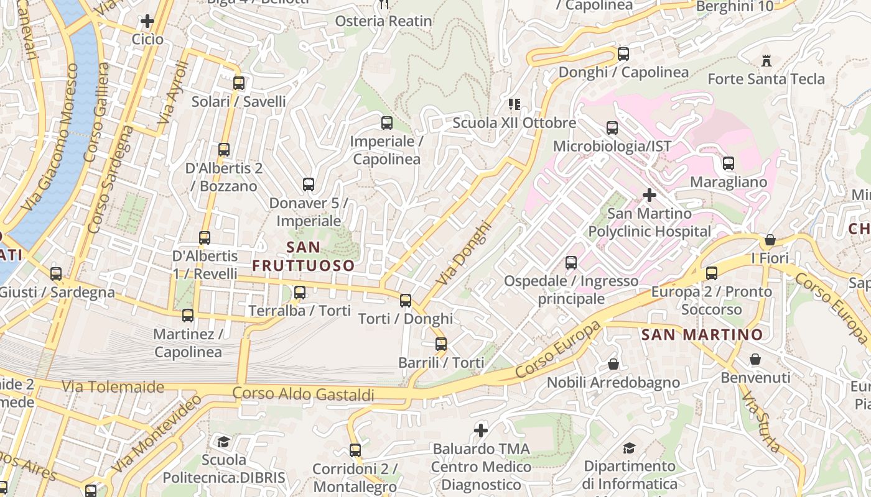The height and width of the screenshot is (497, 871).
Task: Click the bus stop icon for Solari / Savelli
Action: coord(238,83)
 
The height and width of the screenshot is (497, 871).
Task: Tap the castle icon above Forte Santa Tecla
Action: coord(766,61)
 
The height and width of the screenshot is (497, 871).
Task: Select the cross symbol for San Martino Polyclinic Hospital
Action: coord(650,196)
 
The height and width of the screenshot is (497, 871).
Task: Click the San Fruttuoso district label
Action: coord(304,256)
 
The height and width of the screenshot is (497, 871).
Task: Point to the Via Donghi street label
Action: coord(464,253)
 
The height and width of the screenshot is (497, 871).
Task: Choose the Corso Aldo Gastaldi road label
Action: coord(304,394)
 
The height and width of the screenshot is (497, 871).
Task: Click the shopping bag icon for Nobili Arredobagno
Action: coord(613,364)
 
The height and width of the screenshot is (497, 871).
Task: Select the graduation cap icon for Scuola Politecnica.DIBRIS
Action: coord(223,442)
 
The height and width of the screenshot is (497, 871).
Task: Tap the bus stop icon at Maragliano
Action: coord(728,164)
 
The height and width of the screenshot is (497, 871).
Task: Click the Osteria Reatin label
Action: coord(383,21)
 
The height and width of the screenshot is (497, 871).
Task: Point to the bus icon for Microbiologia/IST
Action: coord(612,128)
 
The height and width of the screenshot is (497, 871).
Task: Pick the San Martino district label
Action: coord(702,335)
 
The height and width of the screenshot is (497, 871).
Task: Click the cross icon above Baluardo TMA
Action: coord(481,430)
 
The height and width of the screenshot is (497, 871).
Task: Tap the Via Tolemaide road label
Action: coord(113,387)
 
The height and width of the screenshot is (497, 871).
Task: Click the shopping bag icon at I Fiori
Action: coord(770,240)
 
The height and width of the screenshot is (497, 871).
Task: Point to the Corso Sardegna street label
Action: coord(111,180)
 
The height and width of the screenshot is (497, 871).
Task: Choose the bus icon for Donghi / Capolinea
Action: coord(623,54)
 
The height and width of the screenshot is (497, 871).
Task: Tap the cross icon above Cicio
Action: coord(147,22)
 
